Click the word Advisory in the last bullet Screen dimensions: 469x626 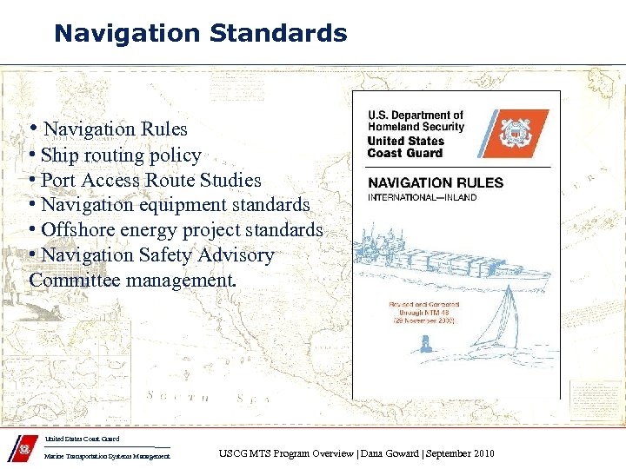(236, 255)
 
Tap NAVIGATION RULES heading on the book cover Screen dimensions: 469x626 (435, 183)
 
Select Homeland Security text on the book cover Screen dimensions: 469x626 (416, 127)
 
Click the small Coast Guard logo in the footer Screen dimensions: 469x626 (23, 452)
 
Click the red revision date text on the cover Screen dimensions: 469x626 (423, 313)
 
